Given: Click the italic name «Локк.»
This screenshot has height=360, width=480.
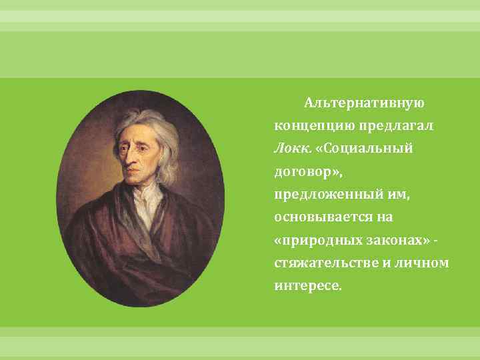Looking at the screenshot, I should [x=289, y=149].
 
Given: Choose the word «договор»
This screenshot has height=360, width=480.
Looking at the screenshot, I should [x=305, y=171].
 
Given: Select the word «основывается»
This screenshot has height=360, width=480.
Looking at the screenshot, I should [x=320, y=217].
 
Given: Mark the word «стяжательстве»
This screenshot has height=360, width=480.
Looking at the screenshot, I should [x=321, y=263].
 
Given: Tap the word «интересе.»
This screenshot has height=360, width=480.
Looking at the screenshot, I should [x=307, y=285].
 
